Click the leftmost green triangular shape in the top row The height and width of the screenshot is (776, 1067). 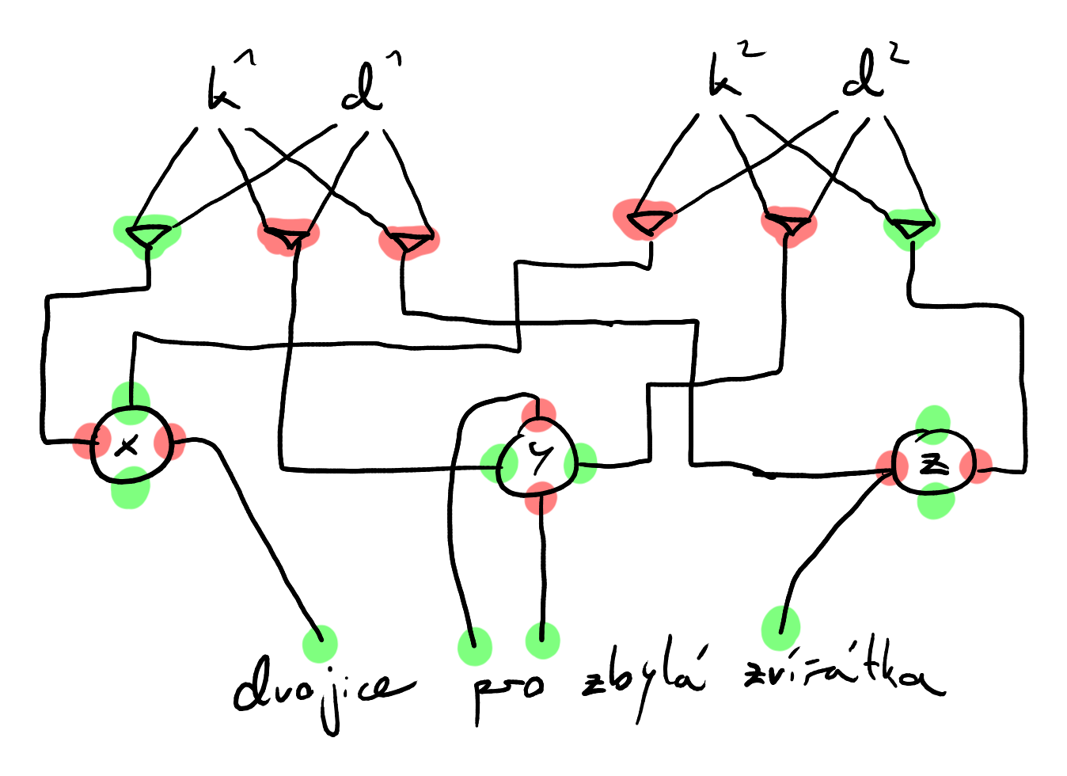[147, 235]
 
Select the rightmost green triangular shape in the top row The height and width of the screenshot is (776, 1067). [912, 228]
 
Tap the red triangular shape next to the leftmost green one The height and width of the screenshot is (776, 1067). [289, 235]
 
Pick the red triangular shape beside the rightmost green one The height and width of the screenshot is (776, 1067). [789, 226]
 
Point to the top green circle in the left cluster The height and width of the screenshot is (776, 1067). [131, 403]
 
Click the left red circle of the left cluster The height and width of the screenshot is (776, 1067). [92, 441]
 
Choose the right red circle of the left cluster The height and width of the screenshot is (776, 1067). [170, 441]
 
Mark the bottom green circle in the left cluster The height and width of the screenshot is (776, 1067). [131, 488]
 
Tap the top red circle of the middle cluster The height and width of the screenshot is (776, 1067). [539, 415]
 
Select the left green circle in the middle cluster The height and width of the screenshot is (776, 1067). [499, 463]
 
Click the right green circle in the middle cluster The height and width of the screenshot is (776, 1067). [581, 463]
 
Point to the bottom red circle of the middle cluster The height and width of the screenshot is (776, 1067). [541, 498]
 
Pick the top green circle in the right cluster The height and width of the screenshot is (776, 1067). [933, 425]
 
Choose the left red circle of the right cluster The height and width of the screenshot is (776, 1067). [892, 467]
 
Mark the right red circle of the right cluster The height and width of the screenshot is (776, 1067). [976, 466]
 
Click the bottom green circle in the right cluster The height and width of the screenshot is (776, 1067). [936, 500]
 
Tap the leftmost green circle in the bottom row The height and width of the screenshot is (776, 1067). [321, 644]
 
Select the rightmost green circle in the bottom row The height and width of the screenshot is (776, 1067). [781, 628]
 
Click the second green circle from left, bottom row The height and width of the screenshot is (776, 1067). [475, 646]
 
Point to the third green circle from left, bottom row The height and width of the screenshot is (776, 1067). [543, 641]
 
